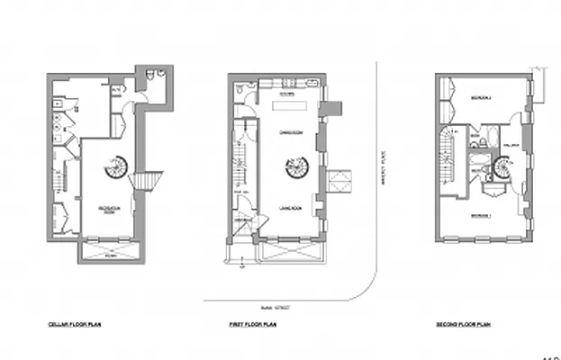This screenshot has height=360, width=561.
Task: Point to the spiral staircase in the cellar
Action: [116, 166]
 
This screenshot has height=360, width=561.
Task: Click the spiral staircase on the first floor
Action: [293, 167]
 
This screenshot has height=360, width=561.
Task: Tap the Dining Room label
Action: [289, 132]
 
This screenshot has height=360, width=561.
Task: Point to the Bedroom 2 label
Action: [481, 97]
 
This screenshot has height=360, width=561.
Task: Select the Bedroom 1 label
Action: [481, 216]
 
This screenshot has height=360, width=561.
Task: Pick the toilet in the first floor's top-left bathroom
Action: [238, 90]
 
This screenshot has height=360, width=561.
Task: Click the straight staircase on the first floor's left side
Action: [239, 171]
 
